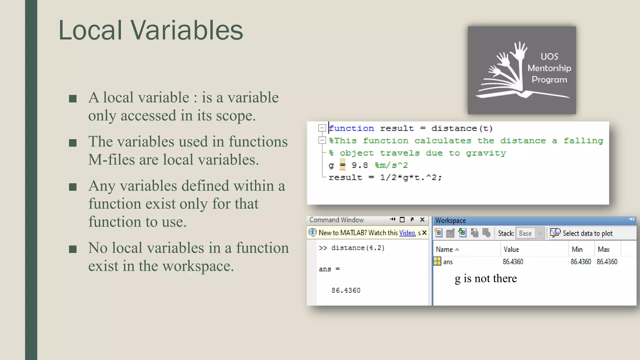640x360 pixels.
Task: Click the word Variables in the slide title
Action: [187, 30]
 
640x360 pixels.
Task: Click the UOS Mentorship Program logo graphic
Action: [522, 70]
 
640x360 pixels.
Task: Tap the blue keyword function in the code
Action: [352, 128]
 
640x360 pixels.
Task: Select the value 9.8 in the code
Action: [360, 165]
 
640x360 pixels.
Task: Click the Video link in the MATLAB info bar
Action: [407, 233]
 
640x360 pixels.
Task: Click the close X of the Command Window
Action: [422, 220]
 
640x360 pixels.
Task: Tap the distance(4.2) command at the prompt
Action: [358, 248]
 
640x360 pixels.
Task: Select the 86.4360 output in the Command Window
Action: [346, 290]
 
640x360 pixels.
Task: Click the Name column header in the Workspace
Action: [444, 249]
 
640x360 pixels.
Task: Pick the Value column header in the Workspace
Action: [511, 249]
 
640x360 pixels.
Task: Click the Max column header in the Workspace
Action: [603, 249]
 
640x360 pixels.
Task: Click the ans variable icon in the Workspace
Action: [437, 261]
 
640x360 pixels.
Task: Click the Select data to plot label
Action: [587, 233]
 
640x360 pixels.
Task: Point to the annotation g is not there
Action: [486, 278]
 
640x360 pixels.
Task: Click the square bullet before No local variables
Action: [73, 249]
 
